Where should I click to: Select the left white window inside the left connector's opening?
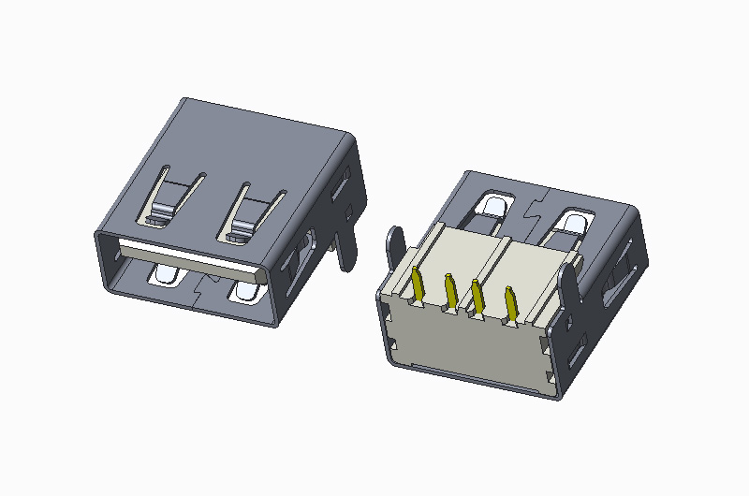[168, 275]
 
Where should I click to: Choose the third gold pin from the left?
[477, 299]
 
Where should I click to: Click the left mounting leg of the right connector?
[395, 250]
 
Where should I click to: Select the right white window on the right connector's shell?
[570, 224]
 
